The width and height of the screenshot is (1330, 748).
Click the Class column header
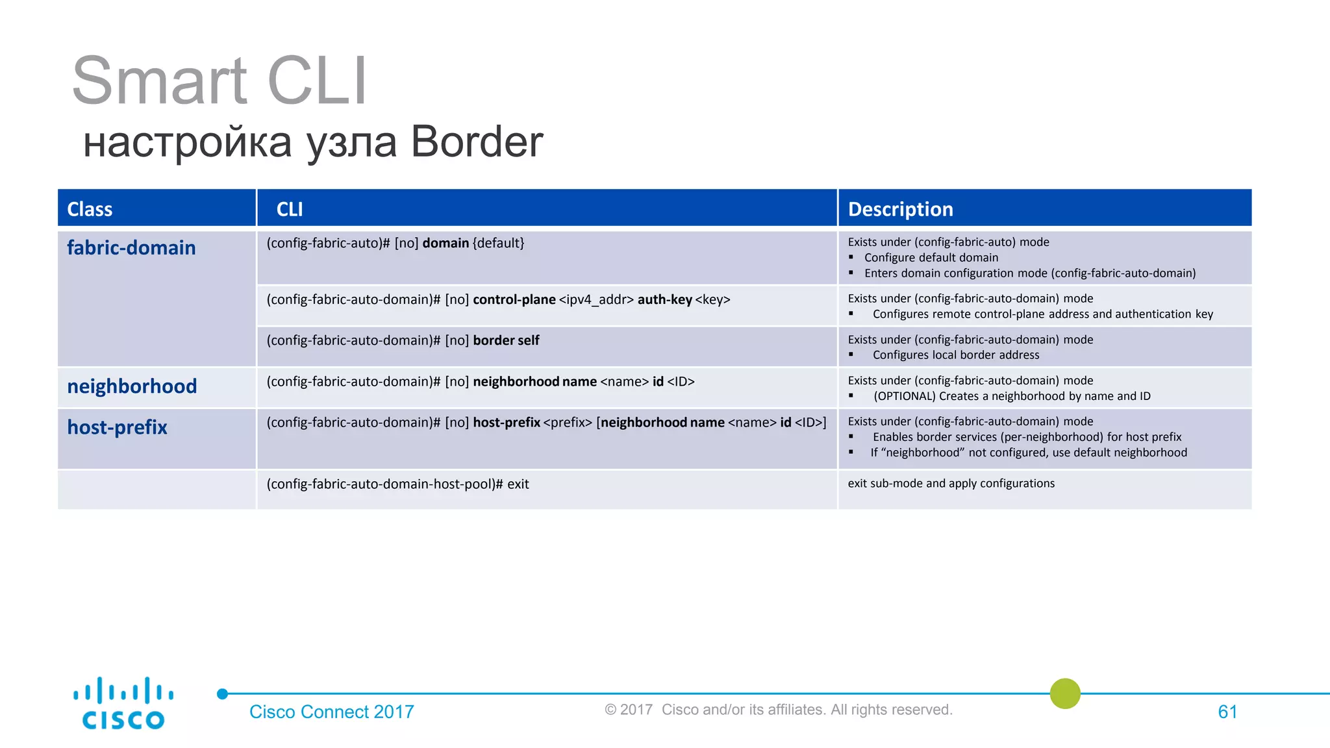click(x=90, y=209)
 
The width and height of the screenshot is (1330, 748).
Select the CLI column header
click(x=290, y=209)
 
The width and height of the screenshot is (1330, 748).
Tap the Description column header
click(x=900, y=209)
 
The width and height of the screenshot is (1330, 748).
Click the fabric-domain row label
click(x=131, y=247)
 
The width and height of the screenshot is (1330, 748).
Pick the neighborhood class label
click(x=132, y=386)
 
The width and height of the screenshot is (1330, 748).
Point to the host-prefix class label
click(x=118, y=427)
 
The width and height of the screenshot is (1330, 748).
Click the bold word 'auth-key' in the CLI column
click(x=664, y=299)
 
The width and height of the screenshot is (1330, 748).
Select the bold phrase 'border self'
click(x=506, y=340)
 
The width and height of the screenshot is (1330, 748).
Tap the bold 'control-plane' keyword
click(x=514, y=299)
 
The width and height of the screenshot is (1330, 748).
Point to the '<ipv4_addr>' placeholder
click(x=596, y=299)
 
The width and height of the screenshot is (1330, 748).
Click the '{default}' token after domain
click(x=498, y=243)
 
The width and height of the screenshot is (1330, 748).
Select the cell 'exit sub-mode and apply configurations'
click(x=951, y=483)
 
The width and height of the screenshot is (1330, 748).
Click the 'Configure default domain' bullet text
click(x=931, y=258)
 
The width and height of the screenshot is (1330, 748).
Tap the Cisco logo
click(x=123, y=703)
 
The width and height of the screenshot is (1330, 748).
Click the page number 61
click(x=1227, y=712)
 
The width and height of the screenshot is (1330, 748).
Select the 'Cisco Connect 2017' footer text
click(x=331, y=712)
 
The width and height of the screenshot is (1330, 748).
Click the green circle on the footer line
click(x=1065, y=693)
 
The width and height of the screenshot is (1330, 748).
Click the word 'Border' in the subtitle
click(x=477, y=142)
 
